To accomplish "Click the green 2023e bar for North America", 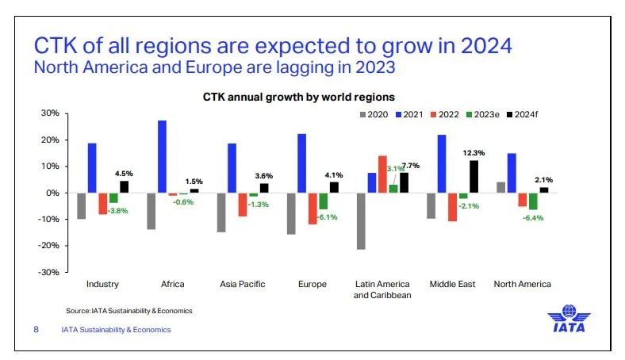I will click(x=533, y=201).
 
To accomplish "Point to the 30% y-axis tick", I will click(x=49, y=114).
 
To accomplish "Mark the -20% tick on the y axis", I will click(x=48, y=246).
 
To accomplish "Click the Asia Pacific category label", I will click(x=242, y=284).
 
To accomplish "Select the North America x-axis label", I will click(x=522, y=284).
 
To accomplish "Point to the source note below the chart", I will click(x=128, y=310).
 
